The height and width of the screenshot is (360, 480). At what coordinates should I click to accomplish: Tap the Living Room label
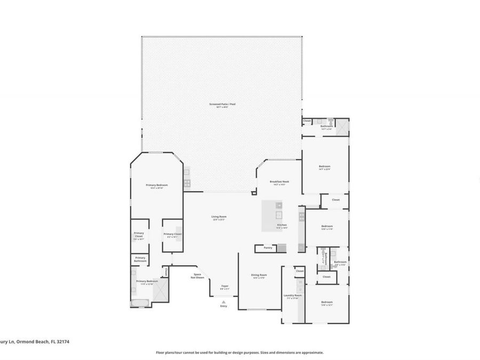click(220, 217)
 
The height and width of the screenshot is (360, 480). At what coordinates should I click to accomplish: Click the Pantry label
click(268, 247)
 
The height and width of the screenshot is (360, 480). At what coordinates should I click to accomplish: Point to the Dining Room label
click(259, 276)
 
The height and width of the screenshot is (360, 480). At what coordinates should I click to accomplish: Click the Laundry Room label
click(292, 296)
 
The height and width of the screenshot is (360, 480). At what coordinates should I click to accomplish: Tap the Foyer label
click(225, 287)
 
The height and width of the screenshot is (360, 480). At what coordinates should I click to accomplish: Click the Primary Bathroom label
click(140, 259)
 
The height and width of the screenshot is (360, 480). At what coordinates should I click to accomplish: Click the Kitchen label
click(282, 225)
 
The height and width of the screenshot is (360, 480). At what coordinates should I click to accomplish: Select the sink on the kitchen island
click(278, 215)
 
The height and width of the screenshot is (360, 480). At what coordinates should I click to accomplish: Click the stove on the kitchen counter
click(301, 216)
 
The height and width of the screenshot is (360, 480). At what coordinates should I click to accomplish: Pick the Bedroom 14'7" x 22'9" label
click(325, 167)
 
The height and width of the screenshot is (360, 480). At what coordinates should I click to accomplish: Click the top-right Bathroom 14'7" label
click(326, 127)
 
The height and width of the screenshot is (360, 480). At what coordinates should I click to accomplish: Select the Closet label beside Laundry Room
click(300, 271)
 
